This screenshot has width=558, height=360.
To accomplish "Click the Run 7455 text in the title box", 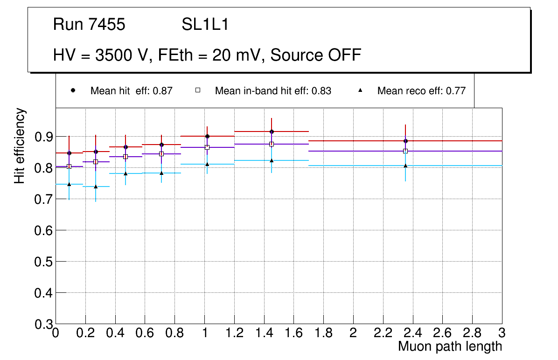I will (x=89, y=25).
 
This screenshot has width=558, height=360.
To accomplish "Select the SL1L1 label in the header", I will (x=205, y=25).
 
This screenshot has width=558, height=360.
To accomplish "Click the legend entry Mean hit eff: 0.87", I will (x=131, y=91).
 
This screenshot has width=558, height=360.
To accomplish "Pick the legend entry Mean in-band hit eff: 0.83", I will (x=273, y=91).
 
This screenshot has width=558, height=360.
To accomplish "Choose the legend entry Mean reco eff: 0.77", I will (x=421, y=91).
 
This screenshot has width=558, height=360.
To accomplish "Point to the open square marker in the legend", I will (x=198, y=90).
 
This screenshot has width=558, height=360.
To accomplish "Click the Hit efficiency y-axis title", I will (x=20, y=145).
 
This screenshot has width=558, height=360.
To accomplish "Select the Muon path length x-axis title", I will (x=450, y=346).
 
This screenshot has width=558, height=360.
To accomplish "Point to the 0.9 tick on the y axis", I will (x=44, y=137).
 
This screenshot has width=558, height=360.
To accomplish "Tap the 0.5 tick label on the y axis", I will (x=44, y=262).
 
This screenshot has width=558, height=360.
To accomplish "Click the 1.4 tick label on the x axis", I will (x=264, y=333).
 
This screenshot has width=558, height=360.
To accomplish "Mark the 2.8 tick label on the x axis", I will (x=472, y=333).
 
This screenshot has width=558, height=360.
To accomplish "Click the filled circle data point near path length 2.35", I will (x=405, y=141).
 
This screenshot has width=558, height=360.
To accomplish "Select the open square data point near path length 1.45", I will (x=272, y=144).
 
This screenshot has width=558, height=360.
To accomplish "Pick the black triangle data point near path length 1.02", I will (x=207, y=164).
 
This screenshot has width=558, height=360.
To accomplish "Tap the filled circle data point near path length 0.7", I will (x=161, y=145).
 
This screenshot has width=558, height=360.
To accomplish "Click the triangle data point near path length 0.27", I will (x=96, y=187).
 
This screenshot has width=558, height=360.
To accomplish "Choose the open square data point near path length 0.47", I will (x=126, y=157).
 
